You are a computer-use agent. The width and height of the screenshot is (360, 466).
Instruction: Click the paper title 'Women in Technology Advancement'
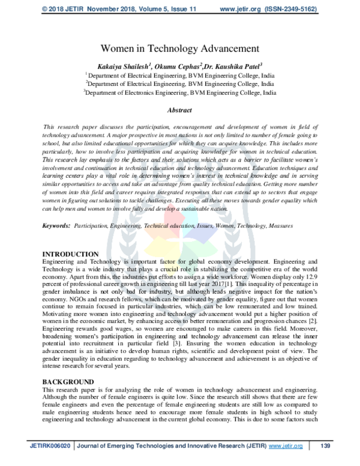(x=180, y=47)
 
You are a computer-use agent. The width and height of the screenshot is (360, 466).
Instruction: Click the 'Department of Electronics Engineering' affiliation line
(x=181, y=94)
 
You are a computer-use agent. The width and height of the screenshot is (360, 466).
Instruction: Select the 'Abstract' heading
(x=180, y=110)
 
